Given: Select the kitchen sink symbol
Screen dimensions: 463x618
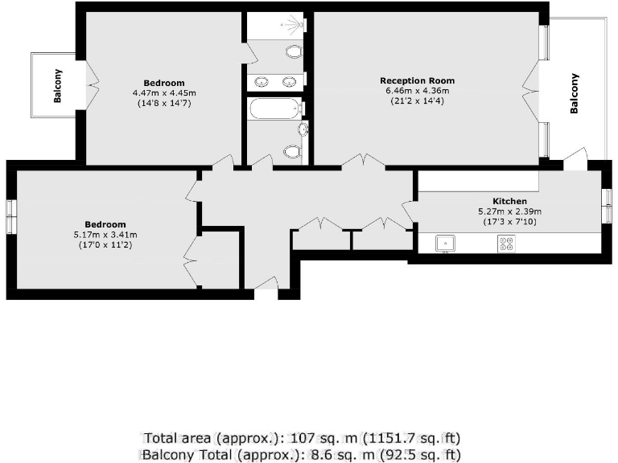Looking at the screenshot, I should click(445, 243).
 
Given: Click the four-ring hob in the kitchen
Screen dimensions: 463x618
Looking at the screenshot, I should click(507, 243).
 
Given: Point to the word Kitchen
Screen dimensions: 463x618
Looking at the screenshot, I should click(509, 201).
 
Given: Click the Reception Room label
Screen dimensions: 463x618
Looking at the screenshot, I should click(417, 80).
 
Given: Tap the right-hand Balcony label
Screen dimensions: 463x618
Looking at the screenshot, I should click(575, 94).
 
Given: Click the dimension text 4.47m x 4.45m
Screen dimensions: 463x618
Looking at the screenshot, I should click(164, 93).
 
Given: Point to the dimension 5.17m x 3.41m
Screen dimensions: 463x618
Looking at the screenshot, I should click(106, 234).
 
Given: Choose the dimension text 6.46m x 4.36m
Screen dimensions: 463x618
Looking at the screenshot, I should click(417, 91).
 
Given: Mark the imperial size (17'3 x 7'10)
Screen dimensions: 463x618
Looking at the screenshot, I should click(510, 221).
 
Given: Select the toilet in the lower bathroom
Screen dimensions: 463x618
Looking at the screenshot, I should click(292, 151).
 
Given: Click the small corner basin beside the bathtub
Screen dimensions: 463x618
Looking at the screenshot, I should click(303, 129).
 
